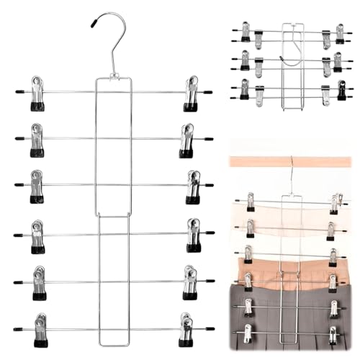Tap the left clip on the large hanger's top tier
point(37,93)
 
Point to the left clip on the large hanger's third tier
point(37,186)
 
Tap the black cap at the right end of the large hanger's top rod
point(208,92)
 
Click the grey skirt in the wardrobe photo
point(288,317)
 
